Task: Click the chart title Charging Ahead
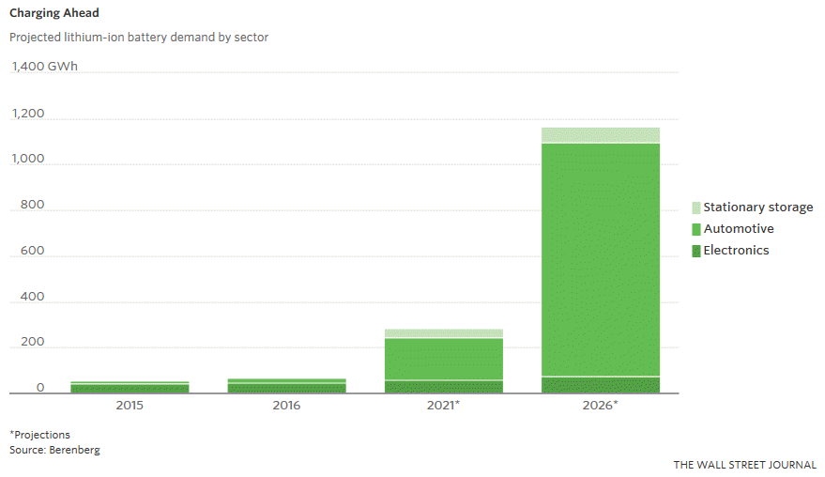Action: (54, 14)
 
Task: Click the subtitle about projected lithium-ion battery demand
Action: (139, 38)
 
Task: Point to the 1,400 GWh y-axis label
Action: (45, 67)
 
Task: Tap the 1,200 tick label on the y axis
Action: (28, 114)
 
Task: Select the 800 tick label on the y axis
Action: (33, 205)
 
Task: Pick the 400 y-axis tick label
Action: (33, 297)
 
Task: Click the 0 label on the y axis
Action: (40, 388)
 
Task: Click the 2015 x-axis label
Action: (130, 406)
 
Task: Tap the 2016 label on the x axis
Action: (286, 406)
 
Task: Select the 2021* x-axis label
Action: (443, 406)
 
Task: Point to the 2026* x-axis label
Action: (601, 406)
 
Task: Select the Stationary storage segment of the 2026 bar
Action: (601, 134)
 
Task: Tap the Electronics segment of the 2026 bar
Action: (601, 385)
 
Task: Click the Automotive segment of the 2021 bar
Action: (443, 359)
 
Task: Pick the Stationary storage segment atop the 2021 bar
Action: (443, 333)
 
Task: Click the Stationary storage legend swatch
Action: (695, 208)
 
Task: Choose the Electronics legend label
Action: (736, 251)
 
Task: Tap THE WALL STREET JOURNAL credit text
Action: (744, 465)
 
